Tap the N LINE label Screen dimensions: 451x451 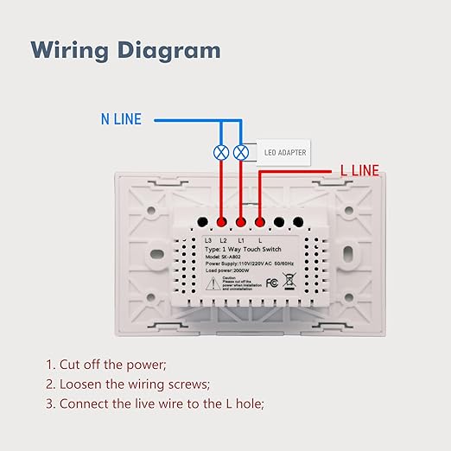121,119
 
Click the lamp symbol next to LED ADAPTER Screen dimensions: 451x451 242,153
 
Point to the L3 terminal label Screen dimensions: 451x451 207,238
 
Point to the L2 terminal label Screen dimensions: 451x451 223,238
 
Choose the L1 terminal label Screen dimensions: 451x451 242,238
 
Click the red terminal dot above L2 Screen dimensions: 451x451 223,220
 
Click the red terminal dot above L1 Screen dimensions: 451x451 242,220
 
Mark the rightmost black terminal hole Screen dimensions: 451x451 298,220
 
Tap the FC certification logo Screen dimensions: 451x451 271,282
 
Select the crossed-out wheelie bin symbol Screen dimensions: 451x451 290,280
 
